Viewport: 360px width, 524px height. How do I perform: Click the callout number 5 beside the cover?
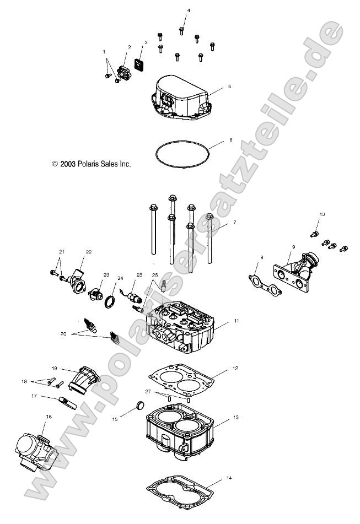click(x=229, y=87)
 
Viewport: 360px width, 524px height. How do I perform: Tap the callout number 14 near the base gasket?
click(x=229, y=478)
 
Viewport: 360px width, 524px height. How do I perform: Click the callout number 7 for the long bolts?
click(x=234, y=222)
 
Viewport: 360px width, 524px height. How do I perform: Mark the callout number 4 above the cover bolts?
click(x=188, y=11)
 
